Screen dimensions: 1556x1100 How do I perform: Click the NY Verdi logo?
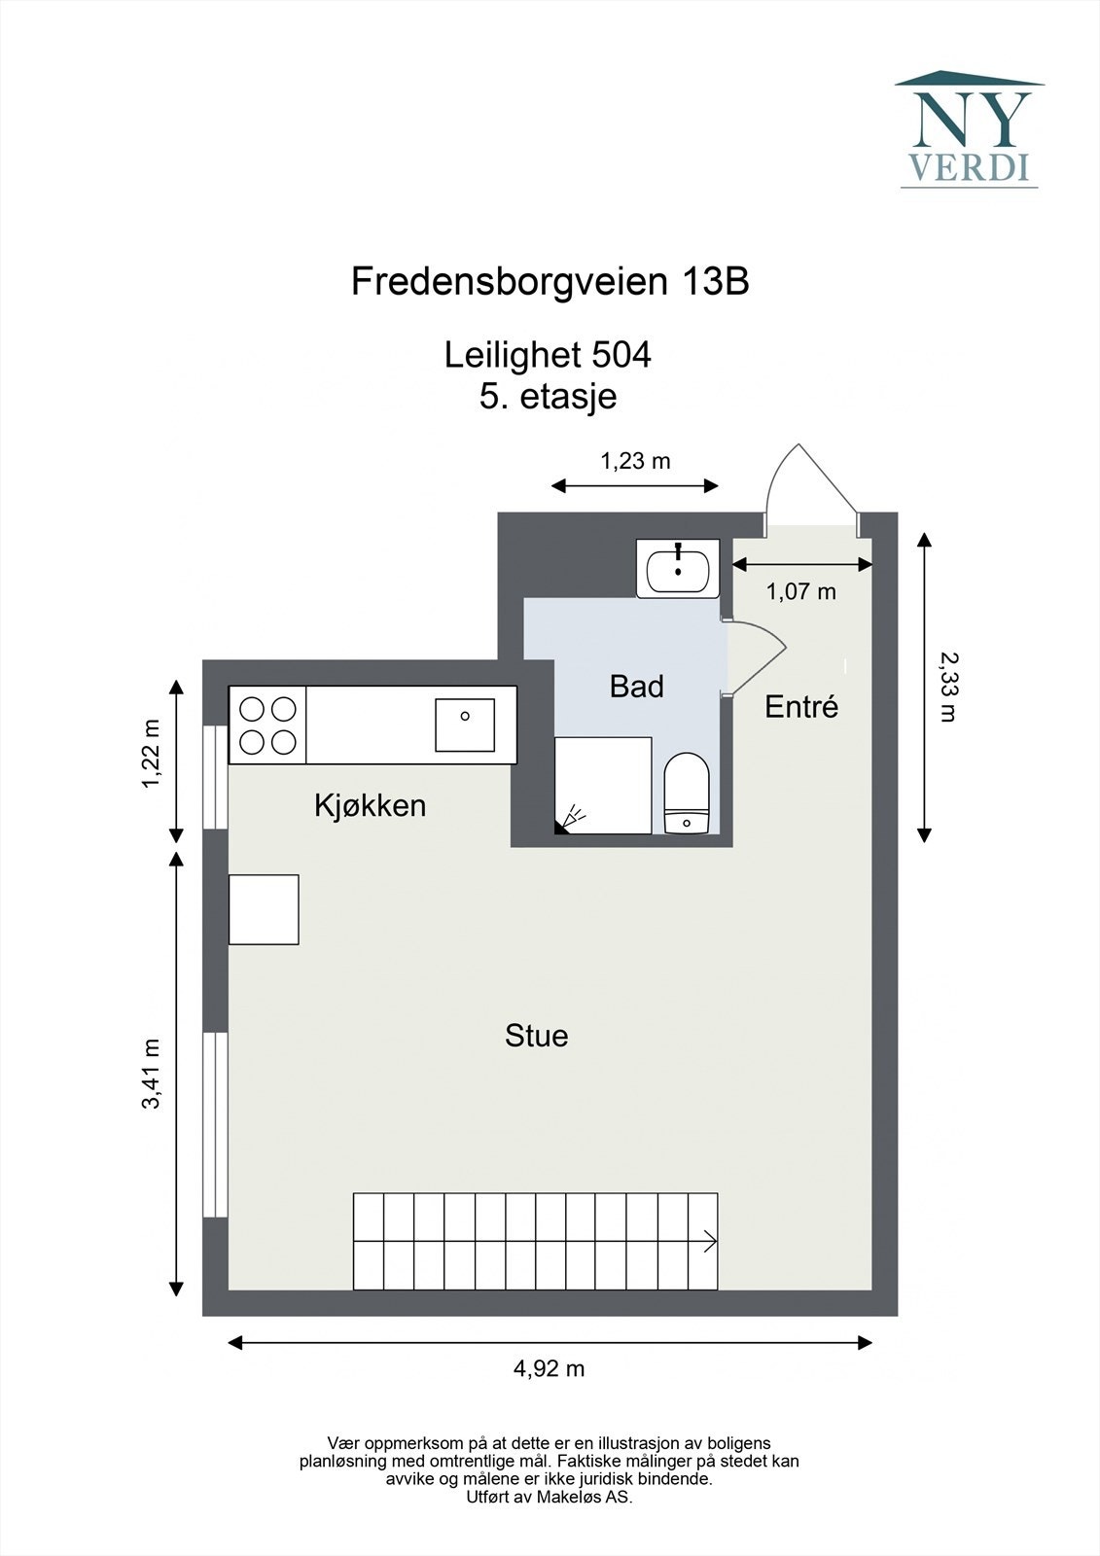click(969, 129)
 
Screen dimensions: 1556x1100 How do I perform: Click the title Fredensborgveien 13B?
click(550, 282)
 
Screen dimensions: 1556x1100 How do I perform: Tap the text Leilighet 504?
click(548, 355)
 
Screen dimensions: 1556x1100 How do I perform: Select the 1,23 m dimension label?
click(635, 461)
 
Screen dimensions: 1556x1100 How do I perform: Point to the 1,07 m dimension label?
click(800, 591)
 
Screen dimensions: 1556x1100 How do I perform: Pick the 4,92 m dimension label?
click(549, 1368)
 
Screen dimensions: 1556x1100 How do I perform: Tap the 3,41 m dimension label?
click(151, 1074)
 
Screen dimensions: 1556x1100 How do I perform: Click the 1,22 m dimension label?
click(151, 755)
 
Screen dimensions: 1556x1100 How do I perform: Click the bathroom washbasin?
click(678, 569)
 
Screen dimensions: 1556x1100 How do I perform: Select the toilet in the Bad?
click(688, 793)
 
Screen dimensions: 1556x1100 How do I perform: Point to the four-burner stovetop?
click(267, 725)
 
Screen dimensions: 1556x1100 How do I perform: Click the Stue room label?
click(536, 1036)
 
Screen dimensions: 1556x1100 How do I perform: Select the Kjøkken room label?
click(370, 805)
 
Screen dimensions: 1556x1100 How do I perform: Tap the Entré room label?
click(801, 707)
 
